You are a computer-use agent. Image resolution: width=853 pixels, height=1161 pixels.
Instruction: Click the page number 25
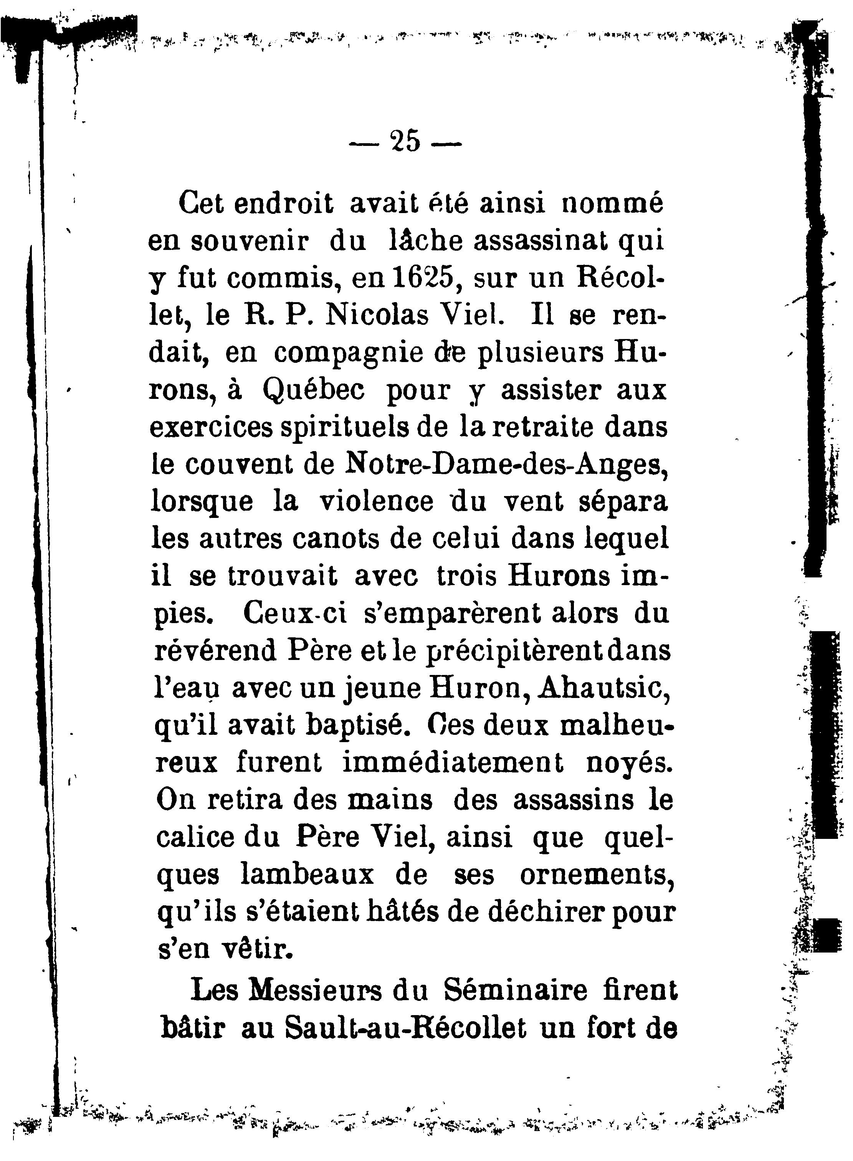pyautogui.click(x=406, y=141)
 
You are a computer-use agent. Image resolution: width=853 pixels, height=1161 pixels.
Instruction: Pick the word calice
pyautogui.click(x=194, y=837)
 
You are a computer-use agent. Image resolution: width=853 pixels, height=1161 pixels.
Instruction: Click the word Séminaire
pyautogui.click(x=516, y=991)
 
